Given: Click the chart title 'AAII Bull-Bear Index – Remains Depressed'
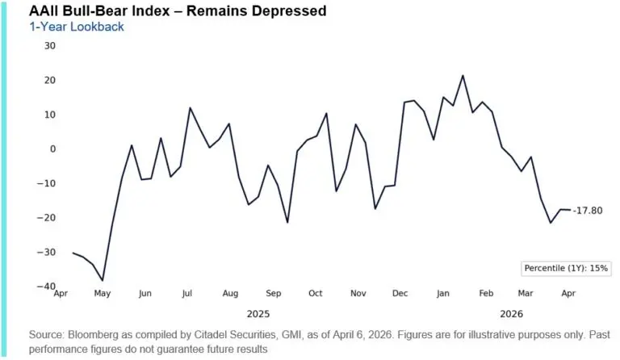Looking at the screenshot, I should (166, 10).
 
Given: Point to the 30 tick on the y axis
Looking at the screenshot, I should (49, 45).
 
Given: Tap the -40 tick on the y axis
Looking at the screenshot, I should (46, 287).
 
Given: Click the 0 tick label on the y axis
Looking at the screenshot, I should (52, 149).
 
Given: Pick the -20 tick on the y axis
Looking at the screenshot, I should (46, 218).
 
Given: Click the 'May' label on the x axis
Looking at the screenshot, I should (102, 294).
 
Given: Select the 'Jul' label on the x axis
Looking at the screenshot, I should (186, 294).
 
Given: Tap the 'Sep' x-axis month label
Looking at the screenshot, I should (273, 294).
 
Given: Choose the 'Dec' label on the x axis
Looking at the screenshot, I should (400, 294).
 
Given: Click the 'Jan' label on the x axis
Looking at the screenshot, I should (443, 294).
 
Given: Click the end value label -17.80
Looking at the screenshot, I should (589, 211).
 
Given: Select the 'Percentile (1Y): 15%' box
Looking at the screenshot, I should (566, 267).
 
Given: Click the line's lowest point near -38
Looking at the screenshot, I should (102, 281).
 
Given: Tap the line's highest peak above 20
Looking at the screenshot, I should (463, 76).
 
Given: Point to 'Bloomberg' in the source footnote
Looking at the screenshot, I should (97, 333).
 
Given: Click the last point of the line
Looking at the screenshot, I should (571, 210).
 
